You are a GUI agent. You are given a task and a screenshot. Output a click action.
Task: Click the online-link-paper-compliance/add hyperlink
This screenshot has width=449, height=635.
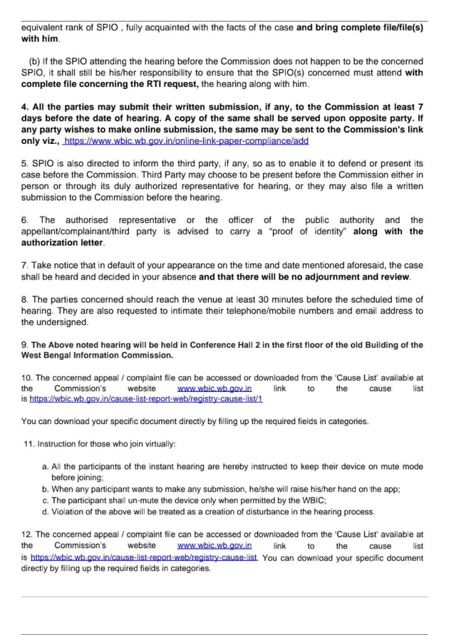click(x=186, y=141)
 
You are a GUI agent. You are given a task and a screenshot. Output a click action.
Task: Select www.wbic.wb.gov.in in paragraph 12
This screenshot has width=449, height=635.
click(x=214, y=546)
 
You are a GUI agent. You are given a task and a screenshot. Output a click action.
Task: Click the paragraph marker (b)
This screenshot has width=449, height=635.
click(x=35, y=61)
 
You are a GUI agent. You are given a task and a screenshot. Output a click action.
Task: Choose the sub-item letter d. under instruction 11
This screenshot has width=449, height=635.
click(x=45, y=512)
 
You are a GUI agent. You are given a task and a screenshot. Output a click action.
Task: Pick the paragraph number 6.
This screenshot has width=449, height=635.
click(x=24, y=220)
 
